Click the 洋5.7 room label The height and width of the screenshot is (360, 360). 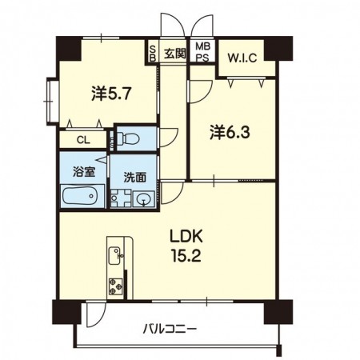(111, 94)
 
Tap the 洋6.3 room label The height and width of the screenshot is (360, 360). (230, 131)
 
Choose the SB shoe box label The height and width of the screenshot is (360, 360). (153, 54)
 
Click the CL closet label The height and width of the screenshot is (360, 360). (82, 140)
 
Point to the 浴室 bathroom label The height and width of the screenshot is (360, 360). (82, 170)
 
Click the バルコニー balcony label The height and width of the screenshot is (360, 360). (170, 329)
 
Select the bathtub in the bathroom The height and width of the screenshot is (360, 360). (82, 194)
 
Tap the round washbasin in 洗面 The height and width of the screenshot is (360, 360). (144, 199)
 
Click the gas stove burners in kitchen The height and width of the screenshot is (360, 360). (114, 284)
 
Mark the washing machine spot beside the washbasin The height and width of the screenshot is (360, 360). (120, 198)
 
